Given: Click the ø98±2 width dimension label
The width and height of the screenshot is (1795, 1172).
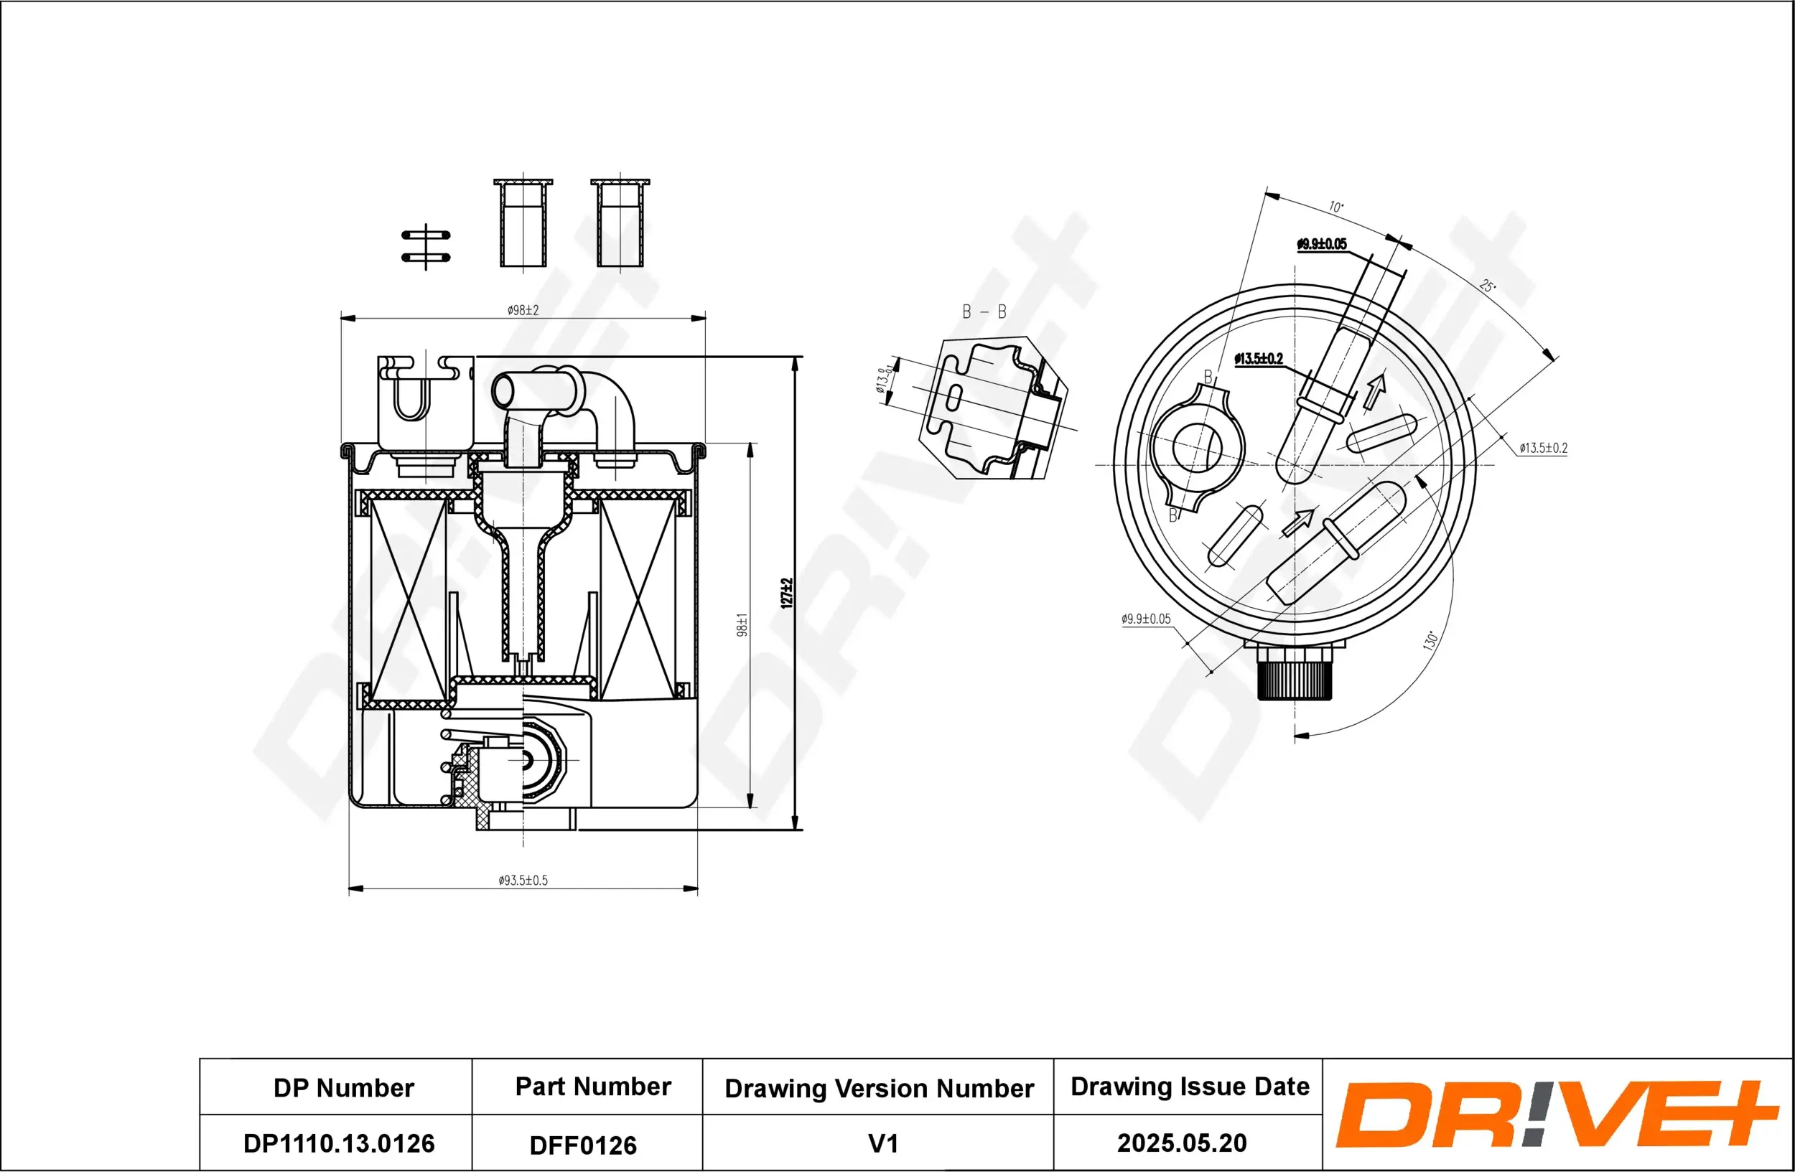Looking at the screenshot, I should (523, 310).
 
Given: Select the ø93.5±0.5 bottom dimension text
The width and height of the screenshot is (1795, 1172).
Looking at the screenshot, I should (523, 881).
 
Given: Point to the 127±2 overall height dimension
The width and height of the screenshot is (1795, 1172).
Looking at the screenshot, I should (786, 593).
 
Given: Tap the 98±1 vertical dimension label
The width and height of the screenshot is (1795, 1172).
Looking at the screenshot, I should (742, 625).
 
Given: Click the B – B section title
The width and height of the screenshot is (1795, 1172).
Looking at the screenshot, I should (984, 311).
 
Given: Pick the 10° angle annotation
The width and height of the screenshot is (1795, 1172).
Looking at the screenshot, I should (1335, 207).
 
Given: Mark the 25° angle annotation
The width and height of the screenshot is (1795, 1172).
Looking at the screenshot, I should (1486, 286).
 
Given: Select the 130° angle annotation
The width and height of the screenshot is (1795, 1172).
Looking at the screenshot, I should (1430, 641).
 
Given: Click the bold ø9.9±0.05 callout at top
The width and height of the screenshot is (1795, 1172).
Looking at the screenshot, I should (1321, 244).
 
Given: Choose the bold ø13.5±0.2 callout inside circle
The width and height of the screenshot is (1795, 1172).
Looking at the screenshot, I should (1258, 359).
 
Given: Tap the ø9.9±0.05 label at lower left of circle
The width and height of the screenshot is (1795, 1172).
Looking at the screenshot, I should (1146, 619).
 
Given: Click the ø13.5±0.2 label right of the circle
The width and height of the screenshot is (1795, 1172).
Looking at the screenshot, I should (1543, 448).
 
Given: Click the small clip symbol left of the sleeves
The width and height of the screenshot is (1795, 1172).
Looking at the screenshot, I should (426, 246).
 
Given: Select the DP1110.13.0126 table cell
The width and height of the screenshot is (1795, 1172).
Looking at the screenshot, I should (339, 1143).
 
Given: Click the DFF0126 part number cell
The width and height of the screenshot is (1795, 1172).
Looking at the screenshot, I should (583, 1145).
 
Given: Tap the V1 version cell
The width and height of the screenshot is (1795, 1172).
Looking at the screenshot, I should (883, 1143).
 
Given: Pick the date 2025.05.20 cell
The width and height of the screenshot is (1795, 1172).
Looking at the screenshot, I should (1182, 1143).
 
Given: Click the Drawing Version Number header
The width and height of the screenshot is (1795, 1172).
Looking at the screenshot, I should (879, 1088).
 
